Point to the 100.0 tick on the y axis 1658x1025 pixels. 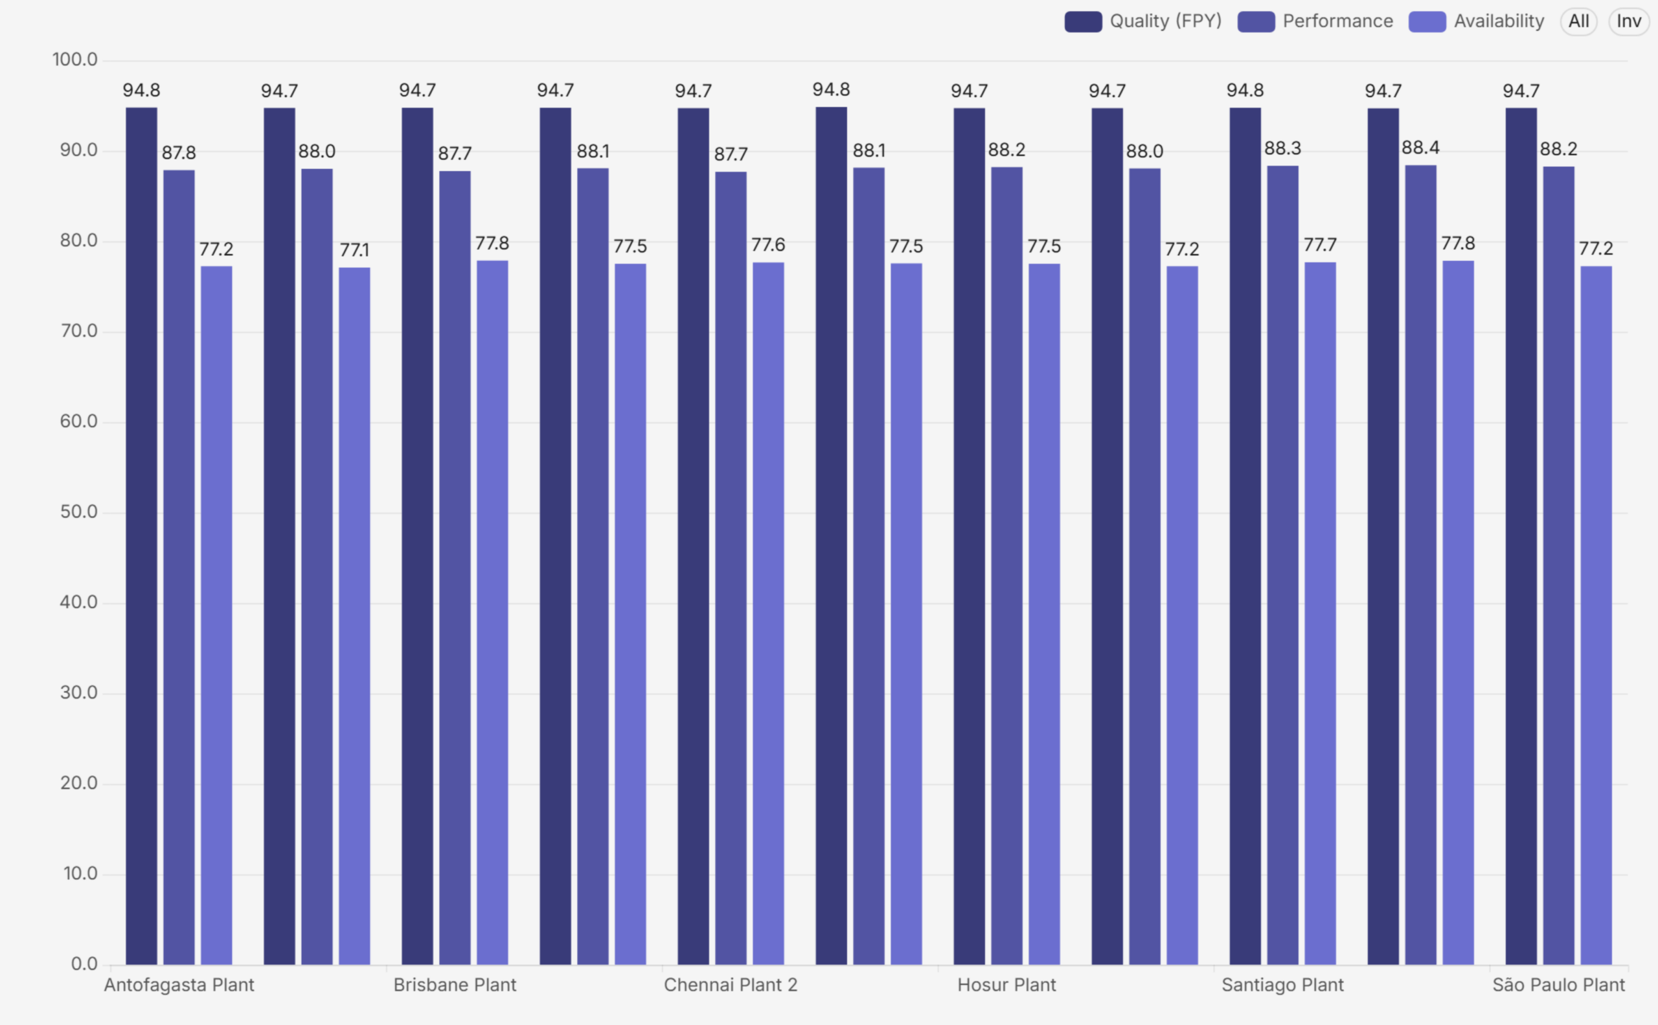[75, 60]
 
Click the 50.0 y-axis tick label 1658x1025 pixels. [78, 512]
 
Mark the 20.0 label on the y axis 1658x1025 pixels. [78, 783]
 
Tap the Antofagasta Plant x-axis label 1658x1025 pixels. [179, 985]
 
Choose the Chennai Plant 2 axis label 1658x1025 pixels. [731, 985]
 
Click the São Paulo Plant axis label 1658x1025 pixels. [1558, 985]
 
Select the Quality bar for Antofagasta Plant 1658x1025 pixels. [141, 535]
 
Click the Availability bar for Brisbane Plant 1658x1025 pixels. [492, 613]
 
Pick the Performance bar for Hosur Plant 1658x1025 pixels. [1007, 566]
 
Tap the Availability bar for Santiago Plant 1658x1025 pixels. [1321, 613]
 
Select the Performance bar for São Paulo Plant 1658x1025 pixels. [1559, 565]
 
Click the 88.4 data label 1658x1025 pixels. [1421, 148]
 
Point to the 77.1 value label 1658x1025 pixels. [355, 250]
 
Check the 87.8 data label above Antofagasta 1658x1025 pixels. [179, 153]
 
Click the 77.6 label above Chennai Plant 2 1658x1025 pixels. [768, 245]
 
